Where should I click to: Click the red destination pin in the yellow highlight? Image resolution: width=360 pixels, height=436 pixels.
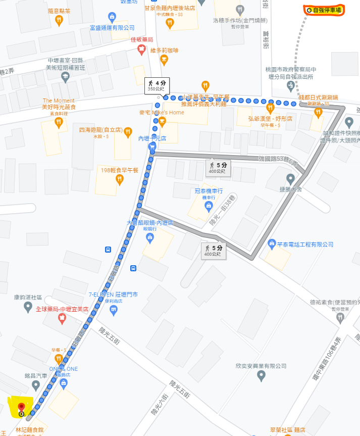coord(21,408)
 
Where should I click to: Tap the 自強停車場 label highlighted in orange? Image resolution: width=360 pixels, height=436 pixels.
coord(324,10)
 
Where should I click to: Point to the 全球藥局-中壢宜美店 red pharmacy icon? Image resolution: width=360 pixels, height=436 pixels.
coord(62,318)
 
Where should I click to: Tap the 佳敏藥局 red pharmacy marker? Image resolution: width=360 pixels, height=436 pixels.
coord(142,49)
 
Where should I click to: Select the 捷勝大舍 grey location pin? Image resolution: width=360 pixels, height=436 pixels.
coord(290,179)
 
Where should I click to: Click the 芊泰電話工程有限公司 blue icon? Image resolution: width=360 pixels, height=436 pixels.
coord(272,244)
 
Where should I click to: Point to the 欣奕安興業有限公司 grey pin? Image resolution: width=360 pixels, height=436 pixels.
coord(261,375)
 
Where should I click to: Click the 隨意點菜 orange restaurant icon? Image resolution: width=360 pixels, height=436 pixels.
coord(59,20)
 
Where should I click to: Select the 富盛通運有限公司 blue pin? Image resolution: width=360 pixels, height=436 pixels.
coord(112,18)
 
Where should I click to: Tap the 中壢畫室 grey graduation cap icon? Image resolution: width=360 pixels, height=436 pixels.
coord(65,77)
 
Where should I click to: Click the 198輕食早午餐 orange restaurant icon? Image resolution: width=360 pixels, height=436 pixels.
coord(120,179)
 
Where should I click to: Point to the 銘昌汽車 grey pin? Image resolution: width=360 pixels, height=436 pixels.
coord(35,385)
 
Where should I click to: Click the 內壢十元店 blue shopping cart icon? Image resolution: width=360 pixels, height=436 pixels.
coord(152,147)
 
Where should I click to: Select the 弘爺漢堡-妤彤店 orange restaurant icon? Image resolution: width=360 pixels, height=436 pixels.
coord(270,108)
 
